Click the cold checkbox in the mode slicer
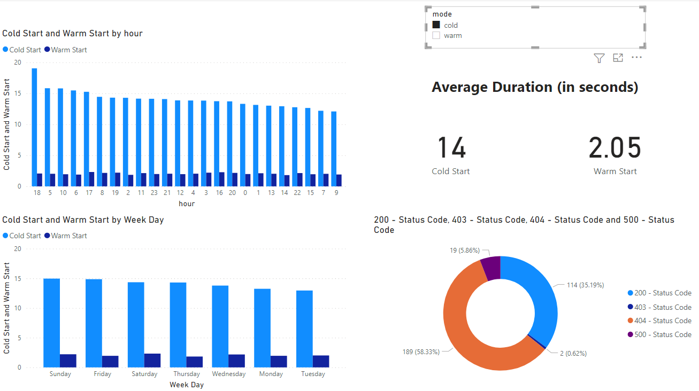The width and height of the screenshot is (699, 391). pyautogui.click(x=436, y=25)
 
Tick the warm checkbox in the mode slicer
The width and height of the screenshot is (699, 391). pyautogui.click(x=436, y=36)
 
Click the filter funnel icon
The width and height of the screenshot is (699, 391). pyautogui.click(x=599, y=58)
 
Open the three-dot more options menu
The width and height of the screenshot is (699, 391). pyautogui.click(x=636, y=58)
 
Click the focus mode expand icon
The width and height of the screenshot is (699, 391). pyautogui.click(x=618, y=58)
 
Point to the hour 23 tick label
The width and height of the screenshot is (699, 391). pyautogui.click(x=154, y=193)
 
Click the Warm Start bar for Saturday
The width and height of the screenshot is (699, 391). pyautogui.click(x=152, y=360)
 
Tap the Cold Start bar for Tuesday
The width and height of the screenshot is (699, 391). pyautogui.click(x=304, y=329)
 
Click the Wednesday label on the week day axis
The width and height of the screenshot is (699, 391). pyautogui.click(x=228, y=374)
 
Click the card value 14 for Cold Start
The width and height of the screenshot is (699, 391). pyautogui.click(x=451, y=148)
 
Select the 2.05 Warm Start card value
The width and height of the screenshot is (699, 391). pyautogui.click(x=614, y=148)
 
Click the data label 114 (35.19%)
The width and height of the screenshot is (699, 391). pyautogui.click(x=585, y=285)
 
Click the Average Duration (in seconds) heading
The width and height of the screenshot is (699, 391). pyautogui.click(x=535, y=87)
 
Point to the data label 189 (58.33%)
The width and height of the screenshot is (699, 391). pyautogui.click(x=421, y=352)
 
